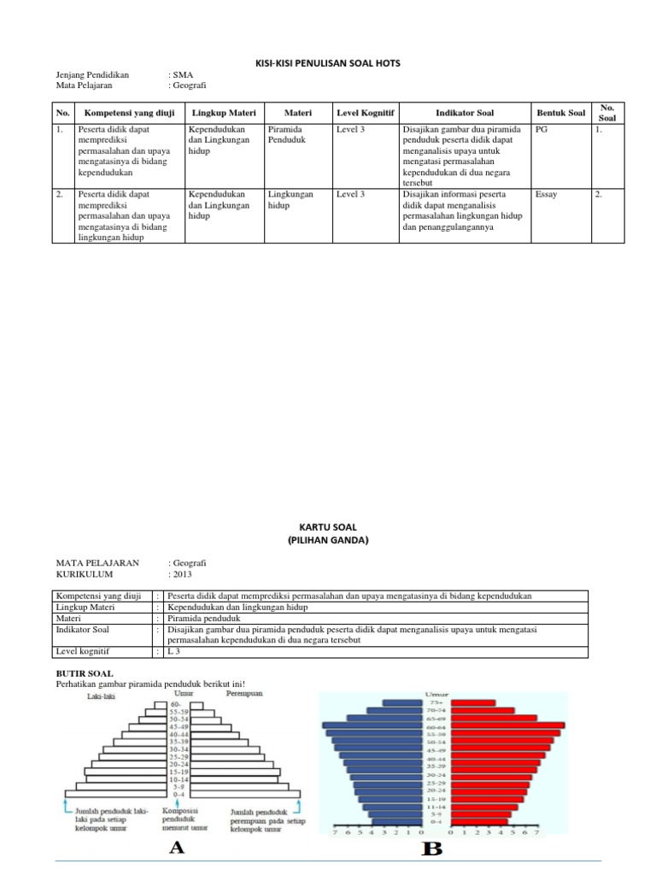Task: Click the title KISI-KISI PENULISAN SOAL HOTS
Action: pos(328,63)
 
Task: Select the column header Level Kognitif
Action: pos(360,113)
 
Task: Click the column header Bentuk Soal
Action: pos(560,113)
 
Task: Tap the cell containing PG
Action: pos(541,130)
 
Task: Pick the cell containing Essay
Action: pos(546,195)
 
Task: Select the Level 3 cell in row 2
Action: pos(350,195)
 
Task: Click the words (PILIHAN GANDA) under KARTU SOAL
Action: pos(328,540)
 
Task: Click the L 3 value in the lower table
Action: pos(175,652)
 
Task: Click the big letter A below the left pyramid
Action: pos(177,847)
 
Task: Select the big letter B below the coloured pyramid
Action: pos(433,849)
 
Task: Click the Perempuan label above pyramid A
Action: pos(244,694)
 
